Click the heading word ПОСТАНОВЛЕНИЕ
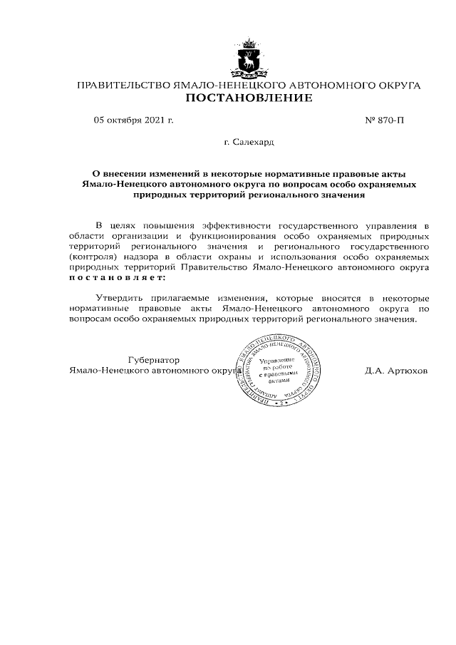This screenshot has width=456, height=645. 249,98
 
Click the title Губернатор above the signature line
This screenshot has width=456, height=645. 153,360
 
